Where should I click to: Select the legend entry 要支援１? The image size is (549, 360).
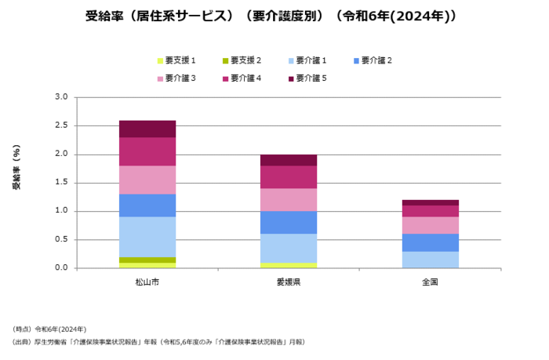[x=180, y=60]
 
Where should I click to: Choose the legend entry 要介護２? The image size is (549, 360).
[x=377, y=60]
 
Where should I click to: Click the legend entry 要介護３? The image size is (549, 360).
[x=180, y=78]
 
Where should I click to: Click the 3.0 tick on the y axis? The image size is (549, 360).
[x=61, y=97]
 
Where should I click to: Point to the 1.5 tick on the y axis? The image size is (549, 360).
[x=61, y=183]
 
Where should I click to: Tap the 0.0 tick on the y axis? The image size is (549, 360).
[x=61, y=268]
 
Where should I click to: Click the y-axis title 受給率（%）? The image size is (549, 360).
[x=16, y=169]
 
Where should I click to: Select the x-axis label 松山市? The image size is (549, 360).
[x=147, y=281]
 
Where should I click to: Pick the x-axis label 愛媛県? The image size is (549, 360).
[x=289, y=281]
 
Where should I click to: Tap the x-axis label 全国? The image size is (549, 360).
[x=430, y=281]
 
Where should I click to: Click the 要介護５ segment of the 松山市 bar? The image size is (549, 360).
[x=147, y=129]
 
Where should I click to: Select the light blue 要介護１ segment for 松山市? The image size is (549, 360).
[x=147, y=236]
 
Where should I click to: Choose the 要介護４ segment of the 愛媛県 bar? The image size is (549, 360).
[x=289, y=176]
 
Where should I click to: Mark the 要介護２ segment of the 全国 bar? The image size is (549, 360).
[x=430, y=242]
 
